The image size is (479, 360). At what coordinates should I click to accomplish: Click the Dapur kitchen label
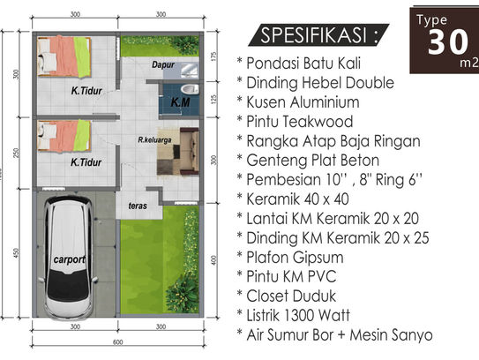tap(163, 64)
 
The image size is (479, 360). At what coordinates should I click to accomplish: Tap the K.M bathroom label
tap(180, 102)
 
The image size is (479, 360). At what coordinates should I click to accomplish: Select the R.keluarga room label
tap(154, 140)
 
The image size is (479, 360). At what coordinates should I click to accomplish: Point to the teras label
tap(138, 206)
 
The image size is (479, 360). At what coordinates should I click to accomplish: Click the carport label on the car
tap(70, 259)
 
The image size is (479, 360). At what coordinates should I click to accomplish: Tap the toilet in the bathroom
tap(190, 89)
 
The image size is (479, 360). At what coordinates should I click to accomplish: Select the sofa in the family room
tap(188, 151)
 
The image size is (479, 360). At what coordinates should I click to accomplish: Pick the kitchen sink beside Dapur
tap(190, 71)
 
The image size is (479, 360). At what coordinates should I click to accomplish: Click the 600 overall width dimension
tap(118, 342)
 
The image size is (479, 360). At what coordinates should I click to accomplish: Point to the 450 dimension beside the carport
tap(16, 253)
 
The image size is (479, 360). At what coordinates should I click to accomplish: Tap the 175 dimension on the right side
tap(213, 56)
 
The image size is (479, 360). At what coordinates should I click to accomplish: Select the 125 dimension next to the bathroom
tap(213, 100)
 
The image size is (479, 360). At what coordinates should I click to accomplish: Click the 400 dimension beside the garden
tap(213, 260)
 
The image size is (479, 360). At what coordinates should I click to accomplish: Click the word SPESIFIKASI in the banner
tap(313, 34)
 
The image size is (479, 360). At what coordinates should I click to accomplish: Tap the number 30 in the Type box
tap(448, 42)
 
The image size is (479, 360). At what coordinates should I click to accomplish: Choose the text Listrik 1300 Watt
tap(298, 315)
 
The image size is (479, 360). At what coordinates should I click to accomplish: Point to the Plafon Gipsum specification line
tap(295, 258)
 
